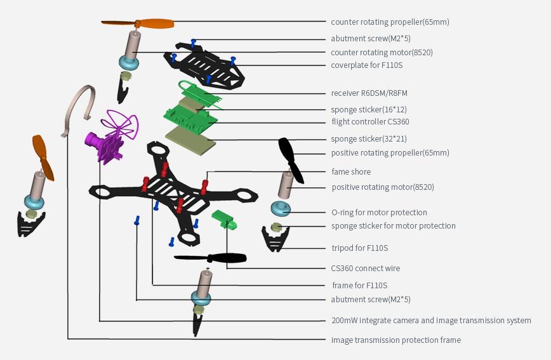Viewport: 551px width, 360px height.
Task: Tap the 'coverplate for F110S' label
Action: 366,65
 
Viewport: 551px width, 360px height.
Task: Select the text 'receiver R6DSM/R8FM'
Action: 369,93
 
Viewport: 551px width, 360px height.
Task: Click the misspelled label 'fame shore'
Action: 351,172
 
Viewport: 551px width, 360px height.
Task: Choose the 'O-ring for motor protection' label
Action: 379,213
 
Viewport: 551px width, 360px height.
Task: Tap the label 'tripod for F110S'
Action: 359,248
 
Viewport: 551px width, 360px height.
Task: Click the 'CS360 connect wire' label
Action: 366,269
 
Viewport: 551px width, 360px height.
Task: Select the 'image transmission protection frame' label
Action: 395,340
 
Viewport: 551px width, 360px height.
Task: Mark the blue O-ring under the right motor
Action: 280,208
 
